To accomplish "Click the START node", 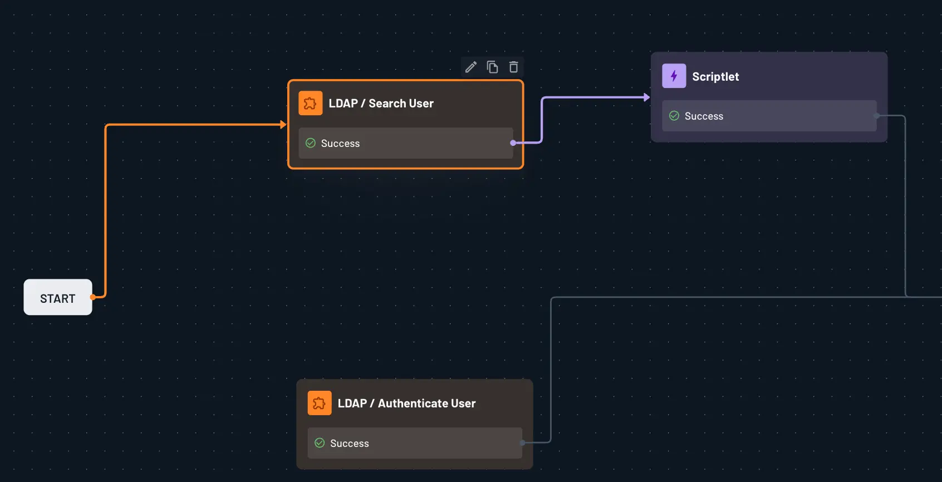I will [58, 298].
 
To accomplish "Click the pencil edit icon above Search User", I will [471, 67].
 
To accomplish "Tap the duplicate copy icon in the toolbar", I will [492, 67].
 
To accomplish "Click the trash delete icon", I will [513, 67].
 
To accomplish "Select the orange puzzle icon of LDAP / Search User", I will [311, 104].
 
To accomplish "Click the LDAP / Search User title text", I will [381, 104].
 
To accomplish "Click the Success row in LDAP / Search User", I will [405, 144].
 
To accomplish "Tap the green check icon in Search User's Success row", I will [311, 143].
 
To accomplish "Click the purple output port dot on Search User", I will [513, 143].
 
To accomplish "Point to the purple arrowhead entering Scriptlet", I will [646, 97].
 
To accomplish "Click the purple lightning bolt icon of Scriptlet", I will [674, 76].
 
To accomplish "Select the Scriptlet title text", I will [715, 77].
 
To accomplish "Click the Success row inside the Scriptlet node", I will [769, 116].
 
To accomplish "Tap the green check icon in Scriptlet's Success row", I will [674, 116].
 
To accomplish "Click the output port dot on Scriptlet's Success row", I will [877, 116].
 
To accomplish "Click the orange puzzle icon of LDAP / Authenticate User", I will [320, 404].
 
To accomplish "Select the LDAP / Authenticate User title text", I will [406, 404].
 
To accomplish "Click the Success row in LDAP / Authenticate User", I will [415, 444].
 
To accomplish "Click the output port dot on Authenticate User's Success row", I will [522, 443].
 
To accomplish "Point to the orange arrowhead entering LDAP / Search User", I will [283, 125].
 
